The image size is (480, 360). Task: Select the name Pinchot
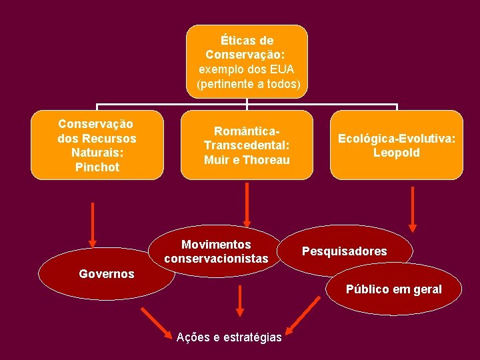[x=97, y=167]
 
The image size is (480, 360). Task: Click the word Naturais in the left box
[x=97, y=153]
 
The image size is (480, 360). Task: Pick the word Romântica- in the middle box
[x=247, y=131]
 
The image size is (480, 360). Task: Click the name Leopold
[x=396, y=153]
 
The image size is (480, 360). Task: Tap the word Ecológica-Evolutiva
[x=396, y=139]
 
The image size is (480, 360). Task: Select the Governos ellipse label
[x=106, y=274]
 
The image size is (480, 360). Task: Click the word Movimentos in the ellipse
[x=216, y=245]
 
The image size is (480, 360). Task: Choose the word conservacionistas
[x=216, y=259]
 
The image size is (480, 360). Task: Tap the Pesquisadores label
[x=344, y=251]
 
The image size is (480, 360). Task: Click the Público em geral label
[x=393, y=289]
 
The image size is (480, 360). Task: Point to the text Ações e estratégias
[x=229, y=337]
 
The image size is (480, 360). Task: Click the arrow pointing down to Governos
[x=93, y=225]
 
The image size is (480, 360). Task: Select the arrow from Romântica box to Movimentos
[x=247, y=205]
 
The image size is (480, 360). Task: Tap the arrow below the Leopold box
[x=413, y=209]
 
